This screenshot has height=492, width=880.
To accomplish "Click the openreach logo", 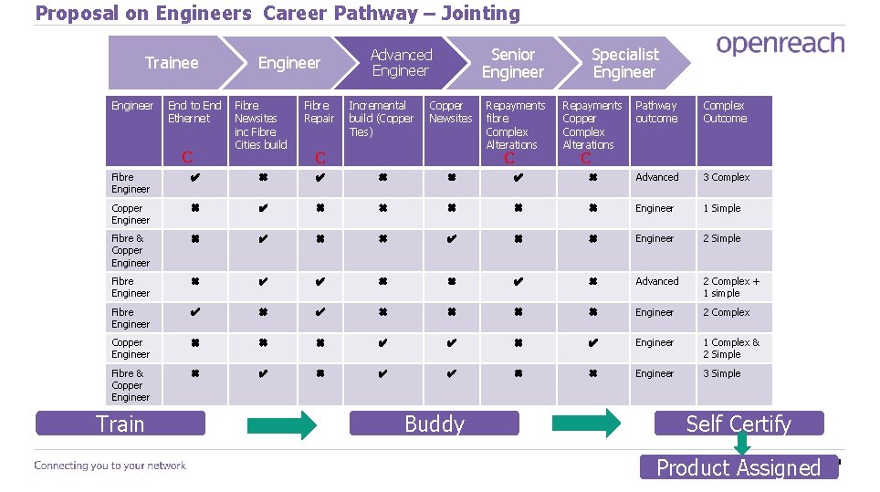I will tap(780, 44).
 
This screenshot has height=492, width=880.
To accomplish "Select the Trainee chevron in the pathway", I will tap(171, 63).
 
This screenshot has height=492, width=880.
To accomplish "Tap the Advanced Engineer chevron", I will tap(401, 63).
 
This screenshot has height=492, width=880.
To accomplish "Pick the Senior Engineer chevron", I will tap(512, 63).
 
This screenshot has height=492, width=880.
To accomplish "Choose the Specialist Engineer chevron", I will tap(624, 63).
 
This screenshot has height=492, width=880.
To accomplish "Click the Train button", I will tap(120, 424).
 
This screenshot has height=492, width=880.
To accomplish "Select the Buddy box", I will tap(435, 424).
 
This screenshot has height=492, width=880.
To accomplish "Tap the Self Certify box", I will tap(739, 424).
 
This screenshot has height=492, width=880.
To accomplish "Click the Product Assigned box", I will tap(739, 467).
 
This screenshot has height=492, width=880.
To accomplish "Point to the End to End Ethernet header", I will tap(194, 112).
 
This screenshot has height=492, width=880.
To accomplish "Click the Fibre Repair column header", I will tap(319, 112).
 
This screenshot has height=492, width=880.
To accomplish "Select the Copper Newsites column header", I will tap(451, 112).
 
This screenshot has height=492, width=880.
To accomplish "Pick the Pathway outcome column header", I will tap(656, 112).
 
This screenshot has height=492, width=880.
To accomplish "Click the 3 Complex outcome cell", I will tap(727, 177).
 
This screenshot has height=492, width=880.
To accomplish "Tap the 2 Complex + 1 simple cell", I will tap(731, 288).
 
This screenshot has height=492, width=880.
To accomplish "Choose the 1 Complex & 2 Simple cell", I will tap(731, 349).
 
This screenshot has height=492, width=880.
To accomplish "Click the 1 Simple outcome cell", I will tap(722, 208).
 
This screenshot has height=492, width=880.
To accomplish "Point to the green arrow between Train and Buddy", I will tap(282, 424).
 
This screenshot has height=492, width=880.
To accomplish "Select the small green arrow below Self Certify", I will tap(742, 444).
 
